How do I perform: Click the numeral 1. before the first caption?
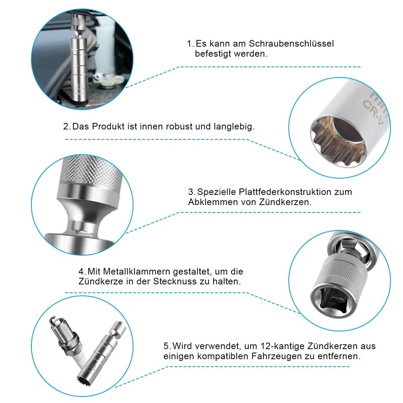point(190,44)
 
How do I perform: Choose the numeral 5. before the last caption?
point(167,346)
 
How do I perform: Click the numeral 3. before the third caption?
point(191,192)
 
